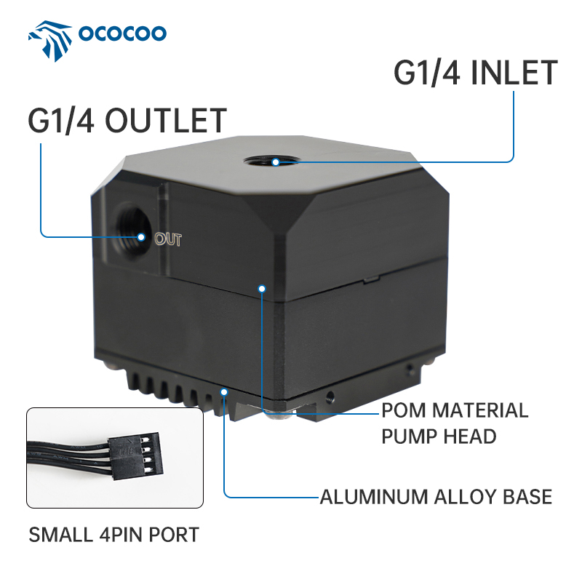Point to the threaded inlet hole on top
tap(276, 161)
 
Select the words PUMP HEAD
tap(439, 436)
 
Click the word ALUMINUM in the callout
tap(374, 498)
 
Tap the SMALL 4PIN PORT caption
tap(113, 535)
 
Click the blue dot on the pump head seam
tap(261, 288)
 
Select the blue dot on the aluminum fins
tap(225, 392)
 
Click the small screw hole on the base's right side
tap(332, 397)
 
